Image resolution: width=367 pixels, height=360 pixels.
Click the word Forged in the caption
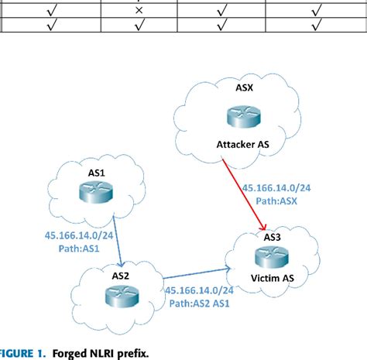70,353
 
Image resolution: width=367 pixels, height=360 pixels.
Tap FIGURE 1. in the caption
23,353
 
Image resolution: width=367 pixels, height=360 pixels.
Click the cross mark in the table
139,10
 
